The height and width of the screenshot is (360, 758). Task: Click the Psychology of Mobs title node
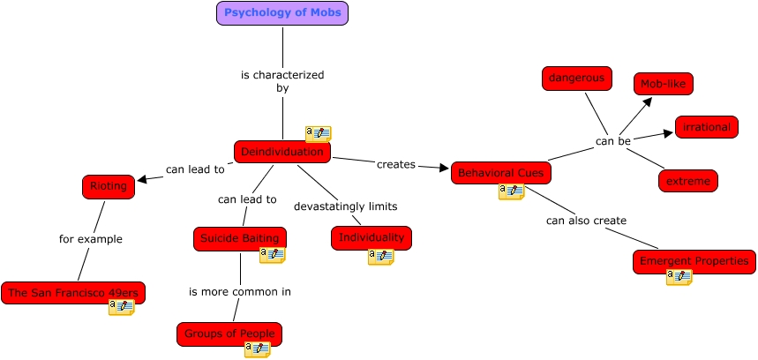(x=282, y=13)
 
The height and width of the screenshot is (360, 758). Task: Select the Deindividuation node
(x=282, y=152)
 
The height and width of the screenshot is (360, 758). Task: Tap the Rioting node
(x=109, y=186)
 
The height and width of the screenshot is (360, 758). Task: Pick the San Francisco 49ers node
(x=73, y=293)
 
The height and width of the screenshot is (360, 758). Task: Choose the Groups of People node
(x=229, y=334)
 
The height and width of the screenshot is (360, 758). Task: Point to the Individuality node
(x=371, y=237)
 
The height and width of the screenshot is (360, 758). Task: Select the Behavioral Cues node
(x=500, y=173)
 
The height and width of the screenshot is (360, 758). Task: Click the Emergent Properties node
(x=694, y=261)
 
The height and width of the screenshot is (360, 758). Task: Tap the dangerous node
(x=577, y=79)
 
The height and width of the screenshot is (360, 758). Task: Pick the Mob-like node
(x=663, y=84)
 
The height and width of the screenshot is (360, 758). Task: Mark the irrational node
(x=706, y=127)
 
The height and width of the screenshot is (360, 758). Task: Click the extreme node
(x=687, y=181)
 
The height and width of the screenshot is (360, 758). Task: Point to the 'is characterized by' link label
(x=282, y=81)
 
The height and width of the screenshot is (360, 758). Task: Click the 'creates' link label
(x=395, y=165)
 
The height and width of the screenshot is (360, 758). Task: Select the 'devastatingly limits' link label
(x=345, y=206)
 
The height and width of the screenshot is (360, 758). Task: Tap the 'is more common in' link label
(x=239, y=291)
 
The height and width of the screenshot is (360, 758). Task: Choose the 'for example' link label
(x=90, y=239)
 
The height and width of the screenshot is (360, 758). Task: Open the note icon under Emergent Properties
(x=679, y=277)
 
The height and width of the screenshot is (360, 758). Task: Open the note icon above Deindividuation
(x=318, y=134)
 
